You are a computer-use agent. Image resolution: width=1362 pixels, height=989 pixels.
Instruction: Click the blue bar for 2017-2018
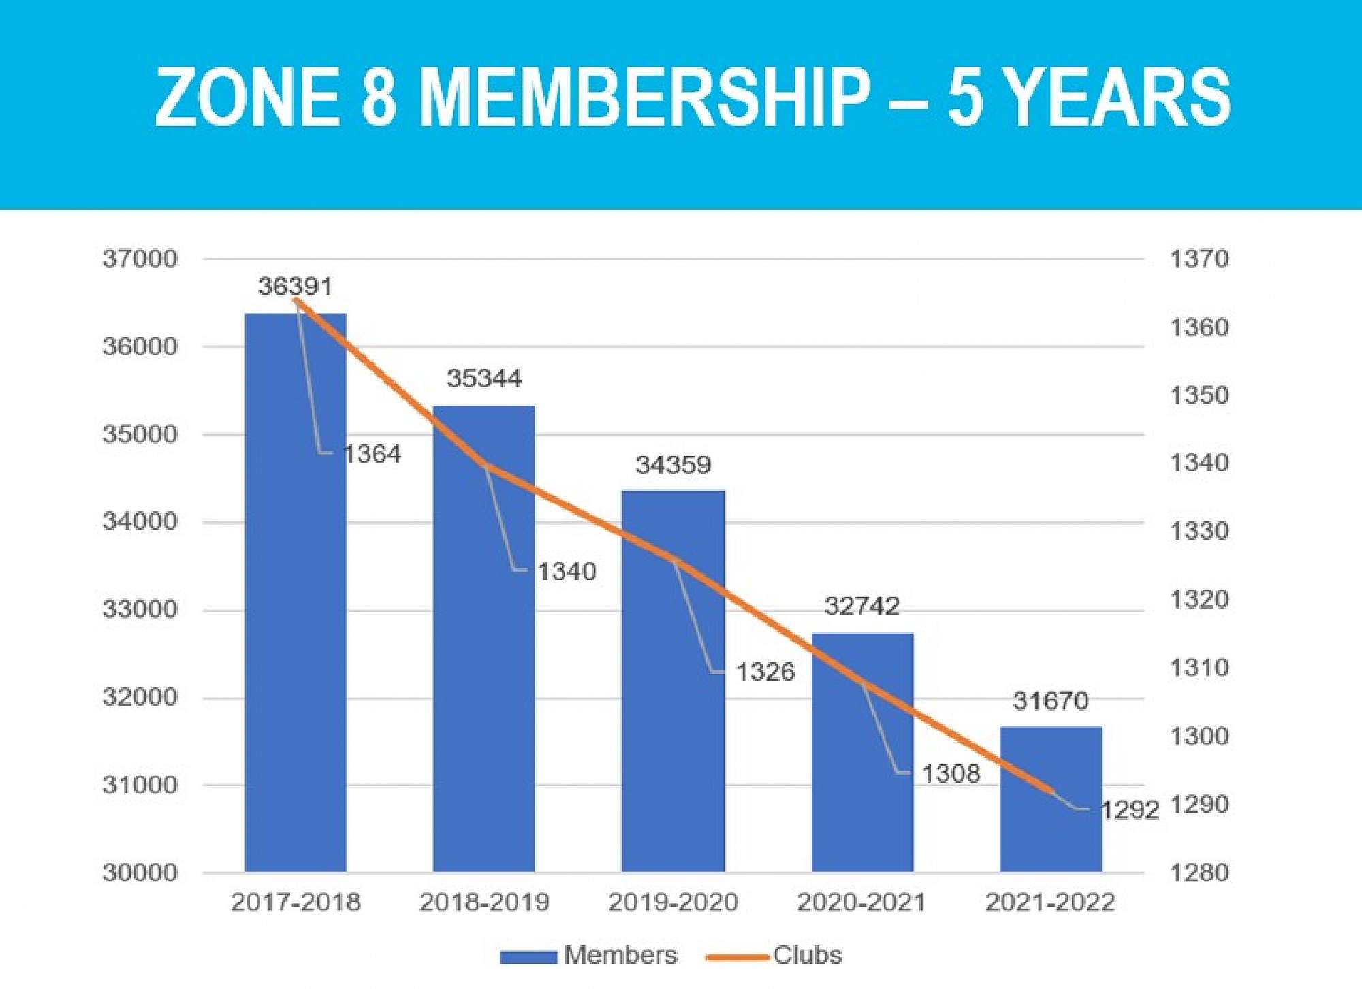coord(296,592)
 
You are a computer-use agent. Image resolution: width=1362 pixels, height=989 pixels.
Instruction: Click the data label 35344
coord(484,378)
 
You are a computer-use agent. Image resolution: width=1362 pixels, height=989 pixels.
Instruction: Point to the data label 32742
coord(861,606)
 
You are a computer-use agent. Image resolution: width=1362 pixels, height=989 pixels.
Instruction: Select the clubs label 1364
coord(372,454)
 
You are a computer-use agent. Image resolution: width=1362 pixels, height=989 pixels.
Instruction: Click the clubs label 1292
coord(1129,810)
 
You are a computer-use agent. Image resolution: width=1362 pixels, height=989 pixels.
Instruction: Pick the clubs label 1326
coord(765,672)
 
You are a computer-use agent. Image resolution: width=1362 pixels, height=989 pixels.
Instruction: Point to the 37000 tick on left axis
coord(140,259)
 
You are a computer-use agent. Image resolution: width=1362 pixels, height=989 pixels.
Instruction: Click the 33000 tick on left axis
coord(140,609)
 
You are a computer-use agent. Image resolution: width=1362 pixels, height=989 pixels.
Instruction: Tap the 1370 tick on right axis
coord(1199,259)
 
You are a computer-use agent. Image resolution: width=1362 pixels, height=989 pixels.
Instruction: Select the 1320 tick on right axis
coord(1199,600)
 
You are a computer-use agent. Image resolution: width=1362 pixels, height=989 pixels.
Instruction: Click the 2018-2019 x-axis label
coord(484,902)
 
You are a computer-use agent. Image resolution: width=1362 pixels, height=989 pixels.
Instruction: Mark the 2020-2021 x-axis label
coord(861,902)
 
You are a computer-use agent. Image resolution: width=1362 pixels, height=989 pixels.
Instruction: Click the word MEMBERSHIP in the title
coord(644,97)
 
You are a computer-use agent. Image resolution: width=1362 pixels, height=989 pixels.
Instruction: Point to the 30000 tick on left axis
coord(140,873)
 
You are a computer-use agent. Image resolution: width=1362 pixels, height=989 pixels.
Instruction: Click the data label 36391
coord(295,287)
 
